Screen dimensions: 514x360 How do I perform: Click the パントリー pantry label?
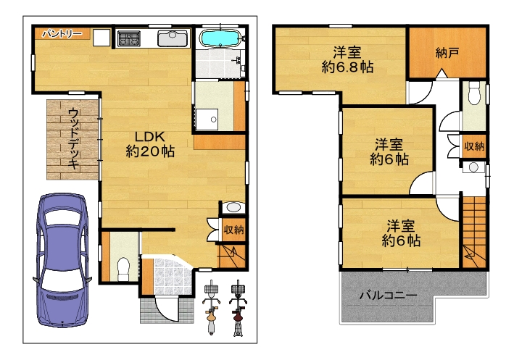coord(62,33)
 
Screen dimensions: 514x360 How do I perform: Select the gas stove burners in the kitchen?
coord(129,38)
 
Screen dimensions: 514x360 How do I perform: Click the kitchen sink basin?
coord(173,38)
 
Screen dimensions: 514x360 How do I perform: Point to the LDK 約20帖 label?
coord(150,144)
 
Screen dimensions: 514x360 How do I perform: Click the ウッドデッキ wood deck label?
coord(74,139)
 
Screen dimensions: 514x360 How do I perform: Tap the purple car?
coord(62,260)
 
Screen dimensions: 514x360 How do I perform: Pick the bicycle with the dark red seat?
coord(239,308)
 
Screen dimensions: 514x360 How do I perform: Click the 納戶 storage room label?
coord(447,52)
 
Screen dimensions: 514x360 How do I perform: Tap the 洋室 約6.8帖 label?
coord(347,59)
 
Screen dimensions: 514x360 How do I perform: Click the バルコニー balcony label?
coord(389,296)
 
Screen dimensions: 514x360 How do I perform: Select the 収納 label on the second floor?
coord(474,146)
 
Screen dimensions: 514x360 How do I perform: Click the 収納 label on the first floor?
coord(233,230)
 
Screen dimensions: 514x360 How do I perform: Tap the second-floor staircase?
coord(474,233)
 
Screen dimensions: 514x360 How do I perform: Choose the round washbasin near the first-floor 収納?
coord(233,207)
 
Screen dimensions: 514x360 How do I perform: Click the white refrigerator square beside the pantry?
coord(101,38)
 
